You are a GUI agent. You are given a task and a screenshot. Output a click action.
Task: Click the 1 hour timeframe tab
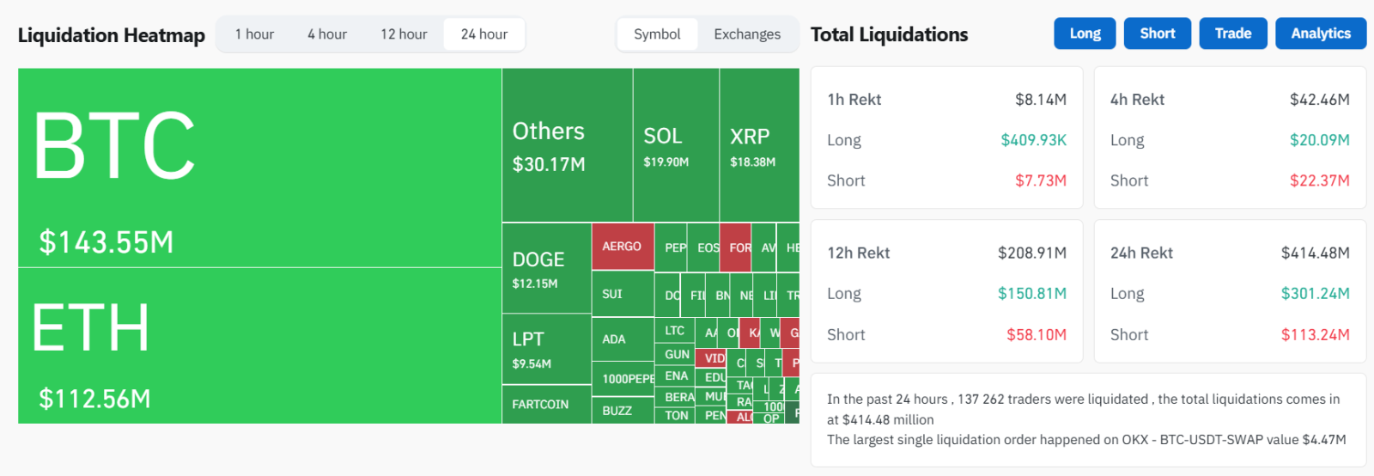pyautogui.click(x=254, y=34)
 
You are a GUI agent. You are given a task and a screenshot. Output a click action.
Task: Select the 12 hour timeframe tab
pyautogui.click(x=404, y=34)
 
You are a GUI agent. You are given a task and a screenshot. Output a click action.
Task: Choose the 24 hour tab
pyautogui.click(x=484, y=34)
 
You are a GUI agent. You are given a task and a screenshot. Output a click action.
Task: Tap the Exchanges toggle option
pyautogui.click(x=747, y=34)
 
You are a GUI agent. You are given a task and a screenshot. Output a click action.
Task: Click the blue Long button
pyautogui.click(x=1085, y=34)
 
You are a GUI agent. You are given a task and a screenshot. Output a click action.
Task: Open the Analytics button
pyautogui.click(x=1321, y=34)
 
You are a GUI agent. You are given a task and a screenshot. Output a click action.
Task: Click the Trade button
pyautogui.click(x=1232, y=34)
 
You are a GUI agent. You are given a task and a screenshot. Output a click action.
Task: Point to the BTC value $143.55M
pyautogui.click(x=106, y=242)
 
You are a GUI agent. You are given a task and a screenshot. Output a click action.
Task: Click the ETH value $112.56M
pyautogui.click(x=94, y=399)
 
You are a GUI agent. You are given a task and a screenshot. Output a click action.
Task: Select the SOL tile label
pyautogui.click(x=663, y=137)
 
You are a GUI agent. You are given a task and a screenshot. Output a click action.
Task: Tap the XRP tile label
pyautogui.click(x=750, y=137)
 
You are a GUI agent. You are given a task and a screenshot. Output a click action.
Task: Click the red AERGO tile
pyautogui.click(x=622, y=247)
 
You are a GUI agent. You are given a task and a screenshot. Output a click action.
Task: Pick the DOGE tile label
pyautogui.click(x=538, y=259)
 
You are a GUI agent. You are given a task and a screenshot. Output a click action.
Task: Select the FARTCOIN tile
pyautogui.click(x=540, y=405)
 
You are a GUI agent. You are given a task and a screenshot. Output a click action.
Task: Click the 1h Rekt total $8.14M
pyautogui.click(x=1041, y=100)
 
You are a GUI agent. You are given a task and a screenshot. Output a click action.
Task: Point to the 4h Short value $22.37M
pyautogui.click(x=1319, y=180)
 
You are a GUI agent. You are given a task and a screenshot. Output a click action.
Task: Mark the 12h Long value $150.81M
pyautogui.click(x=1032, y=294)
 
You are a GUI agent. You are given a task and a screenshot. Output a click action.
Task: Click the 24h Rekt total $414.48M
pyautogui.click(x=1315, y=253)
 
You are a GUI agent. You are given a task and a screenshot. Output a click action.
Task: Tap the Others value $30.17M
pyautogui.click(x=549, y=164)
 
